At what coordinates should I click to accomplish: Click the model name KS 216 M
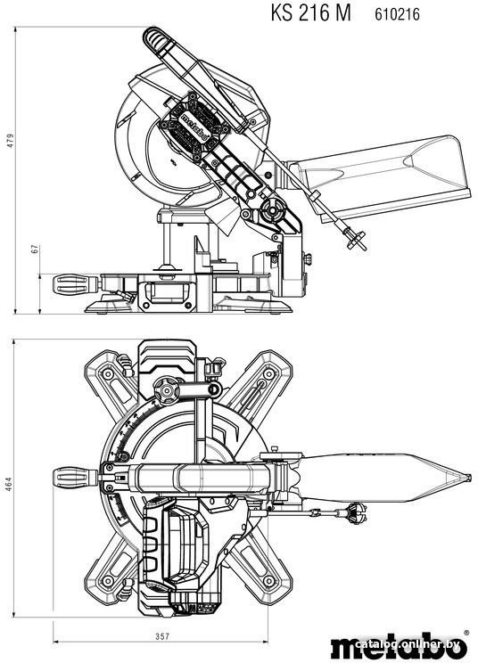[311, 12]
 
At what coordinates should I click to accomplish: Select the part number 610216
[397, 14]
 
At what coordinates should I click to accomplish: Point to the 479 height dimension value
[10, 141]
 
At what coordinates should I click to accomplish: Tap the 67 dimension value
[35, 249]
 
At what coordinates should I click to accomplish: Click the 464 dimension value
[9, 484]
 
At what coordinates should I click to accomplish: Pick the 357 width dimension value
[161, 636]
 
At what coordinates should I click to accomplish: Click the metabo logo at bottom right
[400, 646]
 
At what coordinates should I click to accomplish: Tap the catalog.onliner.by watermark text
[408, 644]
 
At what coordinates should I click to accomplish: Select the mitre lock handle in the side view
[72, 284]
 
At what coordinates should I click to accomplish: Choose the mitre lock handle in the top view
[72, 478]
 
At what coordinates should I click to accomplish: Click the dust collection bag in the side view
[381, 177]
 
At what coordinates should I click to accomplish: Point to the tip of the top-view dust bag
[470, 478]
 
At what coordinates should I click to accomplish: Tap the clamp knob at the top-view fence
[166, 390]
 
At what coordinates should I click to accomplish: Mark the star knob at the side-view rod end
[354, 240]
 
